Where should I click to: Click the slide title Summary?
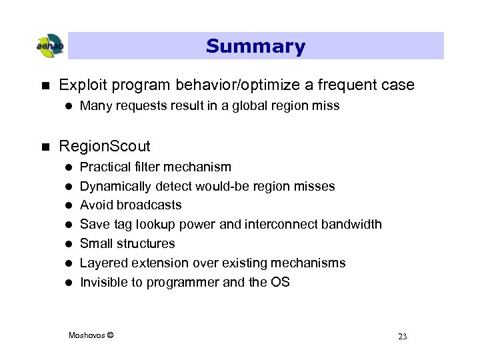coord(255,46)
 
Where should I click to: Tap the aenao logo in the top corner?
coord(49,46)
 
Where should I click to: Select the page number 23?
coord(402,336)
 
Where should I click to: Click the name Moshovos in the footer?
coord(86,335)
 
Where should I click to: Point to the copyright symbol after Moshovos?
coord(110,335)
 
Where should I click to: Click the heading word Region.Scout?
coord(105,146)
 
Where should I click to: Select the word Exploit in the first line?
coord(79,85)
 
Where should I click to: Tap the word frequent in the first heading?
coord(351,85)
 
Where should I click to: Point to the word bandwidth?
coord(352,224)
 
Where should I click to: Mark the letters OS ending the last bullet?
coord(280,282)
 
